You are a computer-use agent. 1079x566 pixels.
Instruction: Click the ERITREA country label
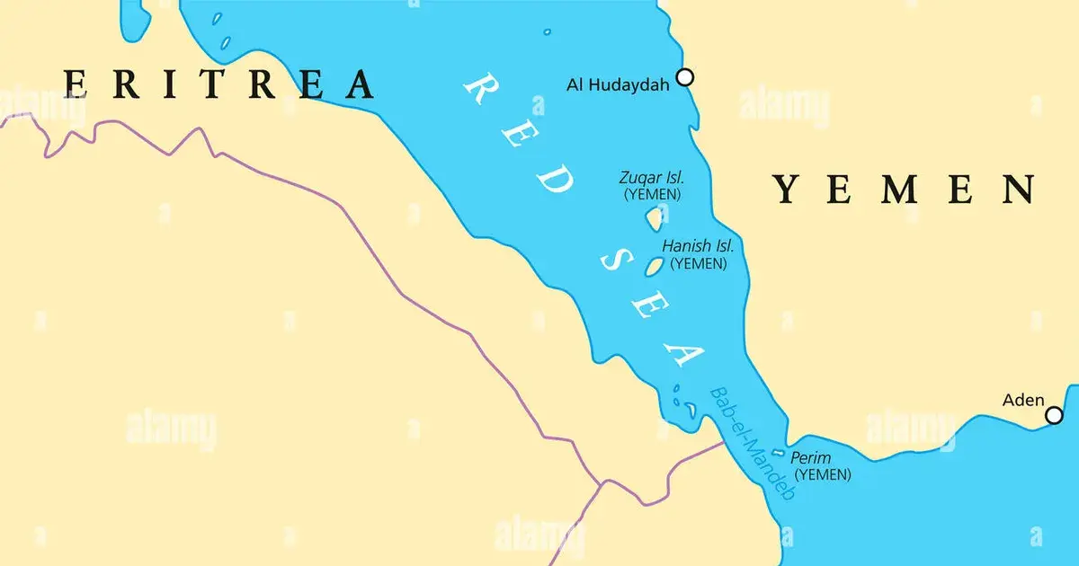(220, 84)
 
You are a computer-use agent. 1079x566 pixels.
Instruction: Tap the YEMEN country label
(904, 190)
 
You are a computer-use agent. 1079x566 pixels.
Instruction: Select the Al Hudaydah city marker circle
(685, 77)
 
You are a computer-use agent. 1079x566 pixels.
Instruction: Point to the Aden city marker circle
(1054, 415)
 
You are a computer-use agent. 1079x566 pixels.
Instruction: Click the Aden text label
(1023, 401)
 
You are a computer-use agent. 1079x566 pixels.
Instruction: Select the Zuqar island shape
(654, 217)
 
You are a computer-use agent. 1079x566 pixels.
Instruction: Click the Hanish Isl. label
(698, 245)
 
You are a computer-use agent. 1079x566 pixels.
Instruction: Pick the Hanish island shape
(655, 266)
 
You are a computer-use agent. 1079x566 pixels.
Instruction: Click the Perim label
(811, 458)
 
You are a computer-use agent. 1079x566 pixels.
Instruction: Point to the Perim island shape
(778, 455)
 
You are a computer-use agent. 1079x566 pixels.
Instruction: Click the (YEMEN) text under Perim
(823, 475)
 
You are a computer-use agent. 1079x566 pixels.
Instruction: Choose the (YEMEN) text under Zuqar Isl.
(652, 194)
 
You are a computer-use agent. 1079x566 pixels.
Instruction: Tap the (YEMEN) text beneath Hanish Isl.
(699, 263)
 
